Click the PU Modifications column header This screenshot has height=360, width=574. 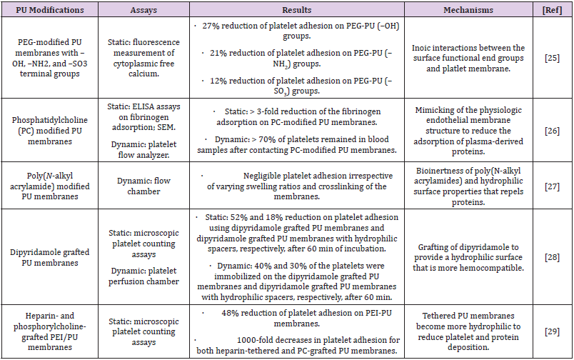(50, 10)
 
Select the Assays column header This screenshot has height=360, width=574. (148, 10)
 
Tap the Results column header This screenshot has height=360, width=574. (295, 10)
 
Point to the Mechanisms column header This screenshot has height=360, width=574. (468, 10)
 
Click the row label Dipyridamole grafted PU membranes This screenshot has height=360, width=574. (50, 254)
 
